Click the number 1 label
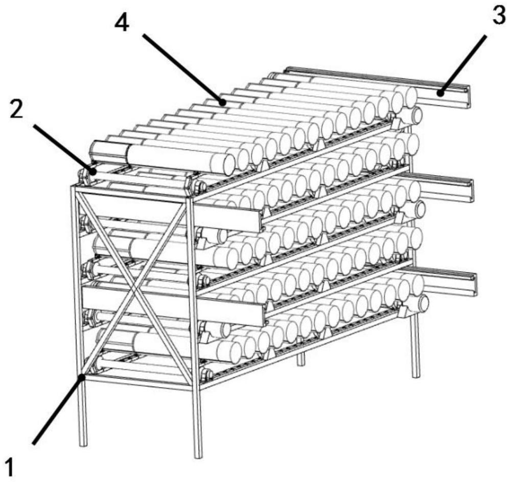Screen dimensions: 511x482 click(10, 468)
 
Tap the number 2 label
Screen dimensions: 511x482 click(16, 111)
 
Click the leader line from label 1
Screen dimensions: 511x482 click(57, 410)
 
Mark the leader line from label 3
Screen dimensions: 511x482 click(463, 65)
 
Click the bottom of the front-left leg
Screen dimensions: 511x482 click(83, 443)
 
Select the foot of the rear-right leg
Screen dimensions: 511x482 click(416, 375)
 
